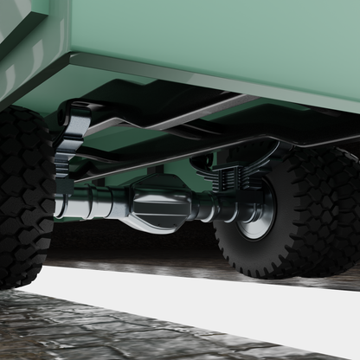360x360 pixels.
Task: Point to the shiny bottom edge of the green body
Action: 216,82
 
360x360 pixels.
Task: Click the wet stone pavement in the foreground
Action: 87,333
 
